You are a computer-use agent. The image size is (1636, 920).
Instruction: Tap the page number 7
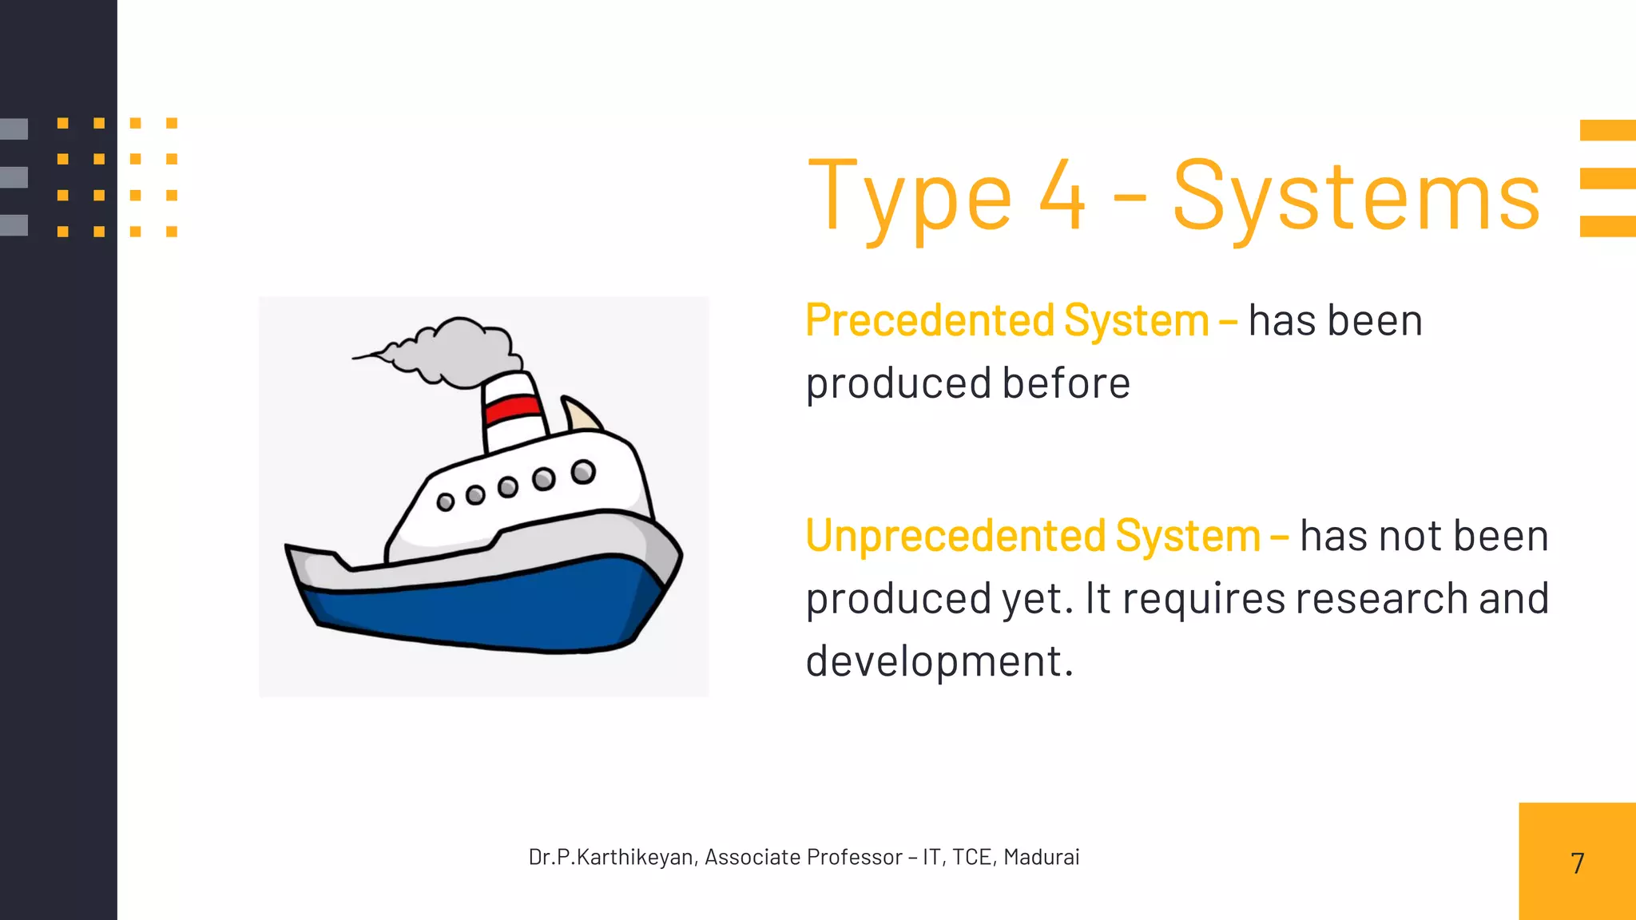pos(1577,863)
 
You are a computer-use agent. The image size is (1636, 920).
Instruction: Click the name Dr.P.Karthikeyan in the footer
pos(610,857)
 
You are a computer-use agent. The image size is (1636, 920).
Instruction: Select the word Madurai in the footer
pos(1041,857)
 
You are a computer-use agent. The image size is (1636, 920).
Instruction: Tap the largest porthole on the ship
pos(583,472)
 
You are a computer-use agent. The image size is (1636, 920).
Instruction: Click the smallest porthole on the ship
pos(446,502)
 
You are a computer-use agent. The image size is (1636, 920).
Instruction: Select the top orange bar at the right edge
pos(1607,130)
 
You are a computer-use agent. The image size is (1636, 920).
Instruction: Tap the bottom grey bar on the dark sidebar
pos(14,225)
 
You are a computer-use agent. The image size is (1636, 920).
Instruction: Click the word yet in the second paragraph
pos(1037,599)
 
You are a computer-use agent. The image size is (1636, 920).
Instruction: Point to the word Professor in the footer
pos(854,857)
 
